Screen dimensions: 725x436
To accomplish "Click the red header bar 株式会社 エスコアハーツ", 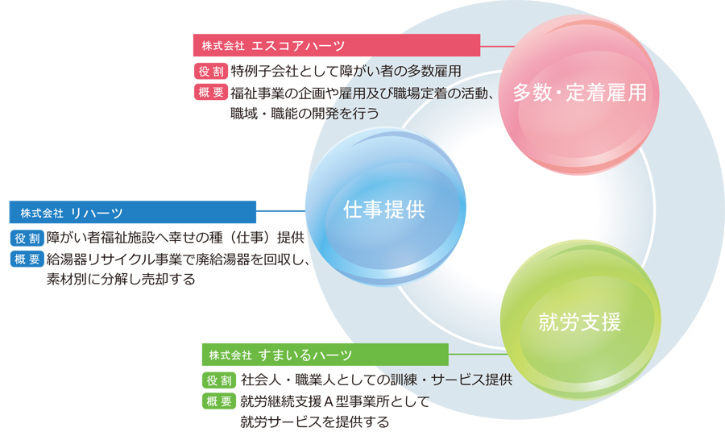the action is click(337, 45).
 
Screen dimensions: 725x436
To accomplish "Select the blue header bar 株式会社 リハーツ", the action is click(133, 212).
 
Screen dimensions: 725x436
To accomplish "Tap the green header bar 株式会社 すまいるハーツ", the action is click(325, 355).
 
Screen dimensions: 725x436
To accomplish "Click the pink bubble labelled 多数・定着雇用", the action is click(579, 95).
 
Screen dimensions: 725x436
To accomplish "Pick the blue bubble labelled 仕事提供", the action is click(386, 207).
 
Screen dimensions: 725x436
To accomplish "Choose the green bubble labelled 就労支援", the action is click(581, 320).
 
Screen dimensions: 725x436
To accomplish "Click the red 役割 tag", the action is click(211, 71).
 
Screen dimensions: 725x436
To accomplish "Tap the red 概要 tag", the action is click(211, 93).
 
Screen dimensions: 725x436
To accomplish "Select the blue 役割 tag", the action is click(27, 238).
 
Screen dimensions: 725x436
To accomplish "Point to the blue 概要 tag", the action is click(27, 260).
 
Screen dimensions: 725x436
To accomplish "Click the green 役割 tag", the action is click(219, 380).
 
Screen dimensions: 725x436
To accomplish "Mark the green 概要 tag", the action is click(219, 401).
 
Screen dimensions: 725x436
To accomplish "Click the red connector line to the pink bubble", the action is click(498, 46).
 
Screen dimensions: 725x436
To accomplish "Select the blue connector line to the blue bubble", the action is click(280, 211).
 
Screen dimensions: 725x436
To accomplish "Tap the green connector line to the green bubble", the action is click(478, 354).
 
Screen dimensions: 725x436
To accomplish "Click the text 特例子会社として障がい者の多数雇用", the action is click(346, 71).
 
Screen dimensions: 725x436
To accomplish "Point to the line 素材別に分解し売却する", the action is click(121, 280).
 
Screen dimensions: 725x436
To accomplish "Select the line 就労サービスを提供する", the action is click(314, 421).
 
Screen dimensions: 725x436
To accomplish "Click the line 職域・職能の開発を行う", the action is click(304, 114).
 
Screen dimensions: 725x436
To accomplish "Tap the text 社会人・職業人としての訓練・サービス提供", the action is click(376, 380).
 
